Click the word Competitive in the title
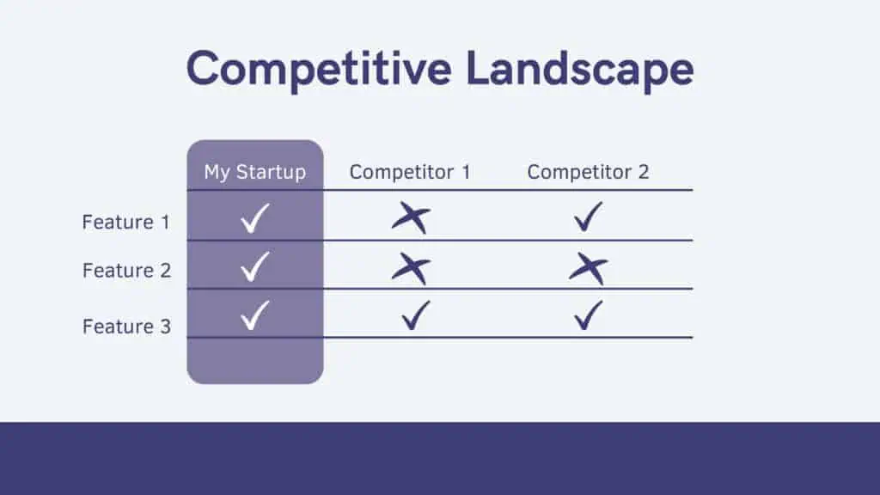tap(319, 69)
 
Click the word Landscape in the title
tap(580, 69)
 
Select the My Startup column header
tap(254, 172)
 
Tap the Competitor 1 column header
tap(410, 172)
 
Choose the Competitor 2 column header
tap(588, 172)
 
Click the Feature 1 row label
tap(125, 223)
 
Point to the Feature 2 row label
tap(127, 271)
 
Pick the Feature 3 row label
tap(127, 327)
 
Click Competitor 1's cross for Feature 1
tap(412, 217)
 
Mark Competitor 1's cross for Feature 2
tap(412, 268)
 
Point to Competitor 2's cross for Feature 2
tap(589, 268)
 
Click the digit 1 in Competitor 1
tap(466, 172)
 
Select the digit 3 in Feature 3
tap(166, 327)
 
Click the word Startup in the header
tap(271, 172)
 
